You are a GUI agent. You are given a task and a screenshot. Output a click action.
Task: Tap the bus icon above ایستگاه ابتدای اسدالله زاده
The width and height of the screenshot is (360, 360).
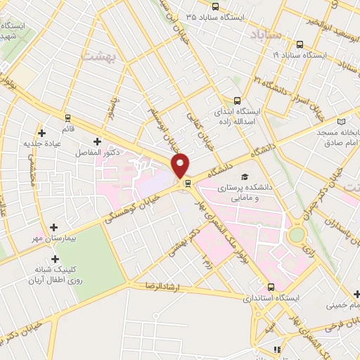[x=237, y=101]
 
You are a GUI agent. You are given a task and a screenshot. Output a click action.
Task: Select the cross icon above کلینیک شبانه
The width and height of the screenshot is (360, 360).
[x=54, y=259]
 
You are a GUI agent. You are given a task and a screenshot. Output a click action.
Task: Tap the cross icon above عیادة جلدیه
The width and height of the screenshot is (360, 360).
[x=42, y=132]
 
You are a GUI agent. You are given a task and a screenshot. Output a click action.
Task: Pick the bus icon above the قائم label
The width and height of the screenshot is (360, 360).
[x=67, y=117]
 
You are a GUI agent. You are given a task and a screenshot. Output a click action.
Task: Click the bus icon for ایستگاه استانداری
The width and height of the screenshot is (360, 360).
[x=271, y=287]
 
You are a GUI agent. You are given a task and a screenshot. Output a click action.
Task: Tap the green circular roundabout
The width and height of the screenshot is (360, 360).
[x=297, y=234]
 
